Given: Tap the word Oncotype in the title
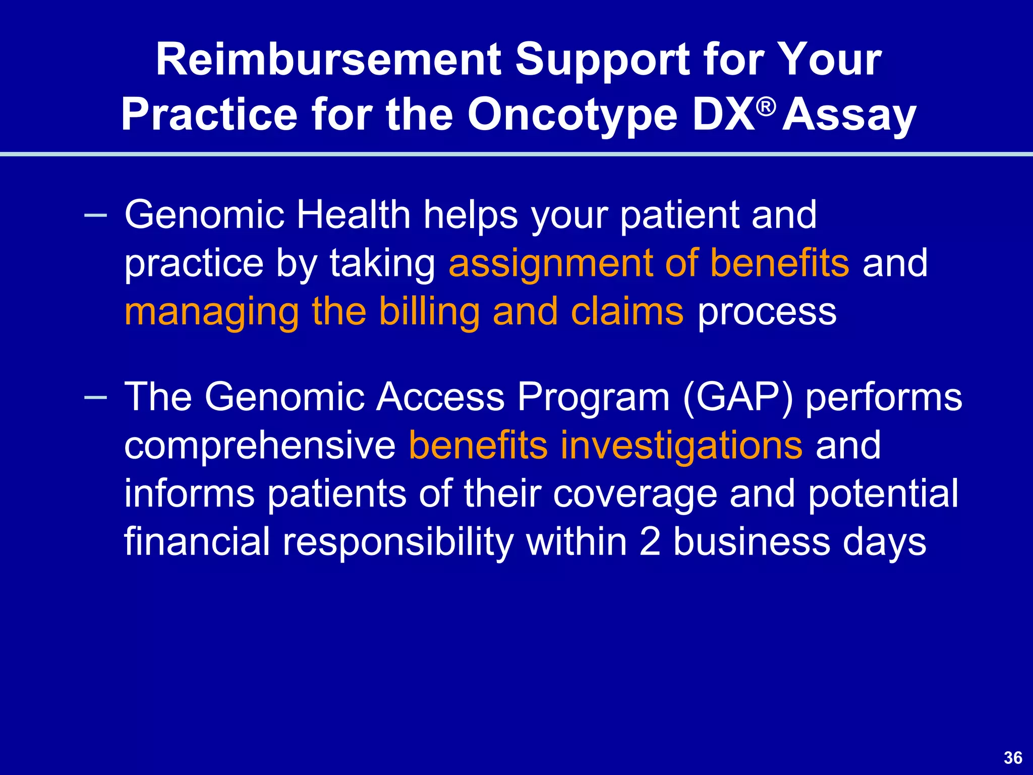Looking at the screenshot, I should [x=572, y=115].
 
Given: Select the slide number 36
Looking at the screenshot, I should [x=1013, y=757].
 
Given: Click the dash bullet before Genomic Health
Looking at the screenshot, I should [x=96, y=215].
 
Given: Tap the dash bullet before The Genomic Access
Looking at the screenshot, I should [x=96, y=398].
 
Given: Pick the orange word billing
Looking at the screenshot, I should [x=429, y=311].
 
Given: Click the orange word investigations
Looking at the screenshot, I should [x=681, y=446].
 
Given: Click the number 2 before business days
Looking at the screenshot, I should [x=650, y=542].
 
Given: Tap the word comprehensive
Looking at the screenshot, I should [x=260, y=446].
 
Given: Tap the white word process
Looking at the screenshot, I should [x=767, y=311].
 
